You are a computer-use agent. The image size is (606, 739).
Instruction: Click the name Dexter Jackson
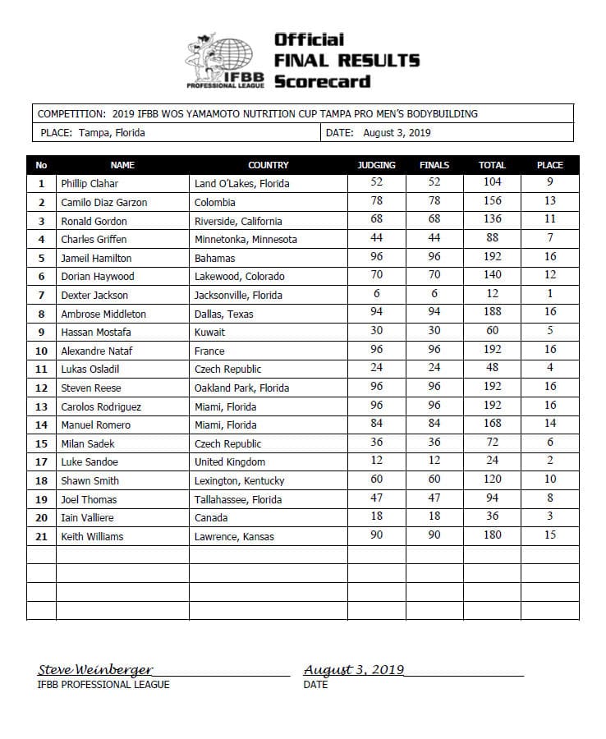click(x=94, y=295)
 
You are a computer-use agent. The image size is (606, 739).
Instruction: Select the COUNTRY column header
click(x=268, y=165)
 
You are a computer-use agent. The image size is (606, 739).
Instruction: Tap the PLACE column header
click(x=549, y=165)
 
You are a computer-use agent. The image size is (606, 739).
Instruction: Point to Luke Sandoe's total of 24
click(x=492, y=461)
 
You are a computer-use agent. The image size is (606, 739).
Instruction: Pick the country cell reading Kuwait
click(x=209, y=333)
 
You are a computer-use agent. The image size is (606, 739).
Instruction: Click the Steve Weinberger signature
click(x=95, y=670)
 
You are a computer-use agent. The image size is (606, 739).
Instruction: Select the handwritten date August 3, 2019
click(x=354, y=670)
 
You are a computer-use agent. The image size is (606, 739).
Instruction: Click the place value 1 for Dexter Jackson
click(x=549, y=294)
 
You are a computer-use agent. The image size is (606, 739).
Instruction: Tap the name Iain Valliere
click(x=89, y=517)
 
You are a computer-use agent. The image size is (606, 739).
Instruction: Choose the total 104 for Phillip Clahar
click(x=492, y=182)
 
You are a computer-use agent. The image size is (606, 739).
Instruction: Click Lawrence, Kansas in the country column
click(x=234, y=536)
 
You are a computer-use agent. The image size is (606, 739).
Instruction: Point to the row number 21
click(x=41, y=536)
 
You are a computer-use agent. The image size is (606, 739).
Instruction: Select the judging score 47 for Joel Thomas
click(x=376, y=498)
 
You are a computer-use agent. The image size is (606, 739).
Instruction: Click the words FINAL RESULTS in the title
click(x=347, y=60)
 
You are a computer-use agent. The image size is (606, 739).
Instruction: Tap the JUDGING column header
click(x=376, y=165)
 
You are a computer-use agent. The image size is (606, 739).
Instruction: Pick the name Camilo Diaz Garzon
click(x=104, y=202)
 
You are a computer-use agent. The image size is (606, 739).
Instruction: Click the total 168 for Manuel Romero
click(x=492, y=424)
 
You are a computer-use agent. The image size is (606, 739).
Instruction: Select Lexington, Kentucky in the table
click(x=239, y=480)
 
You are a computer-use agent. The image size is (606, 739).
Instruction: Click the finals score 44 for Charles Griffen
click(x=434, y=239)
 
